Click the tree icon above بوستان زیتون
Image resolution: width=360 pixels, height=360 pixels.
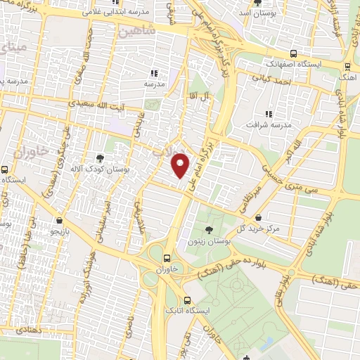(208, 230)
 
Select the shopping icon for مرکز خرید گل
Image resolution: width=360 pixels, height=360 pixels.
(261, 217)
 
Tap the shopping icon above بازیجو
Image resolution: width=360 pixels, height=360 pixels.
(59, 219)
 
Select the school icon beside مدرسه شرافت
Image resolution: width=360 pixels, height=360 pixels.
(268, 113)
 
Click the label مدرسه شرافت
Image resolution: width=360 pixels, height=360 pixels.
(266, 124)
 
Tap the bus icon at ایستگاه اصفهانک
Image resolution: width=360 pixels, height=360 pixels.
(293, 53)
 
